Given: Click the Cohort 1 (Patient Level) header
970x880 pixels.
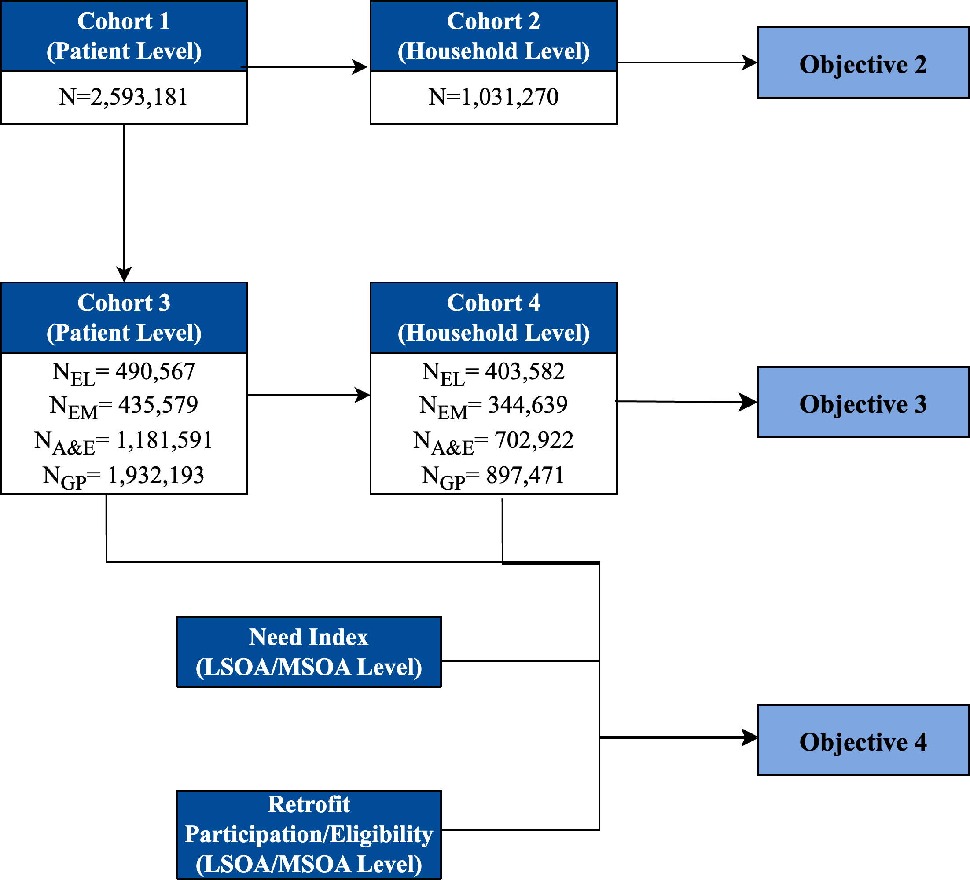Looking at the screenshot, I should pos(124,36).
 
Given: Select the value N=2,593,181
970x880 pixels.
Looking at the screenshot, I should pos(123,97).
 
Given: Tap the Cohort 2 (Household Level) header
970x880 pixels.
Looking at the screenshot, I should pos(493,36).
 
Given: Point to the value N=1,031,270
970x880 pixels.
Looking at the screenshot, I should pos(493,97).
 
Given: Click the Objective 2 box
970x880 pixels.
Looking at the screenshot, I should pos(863,63).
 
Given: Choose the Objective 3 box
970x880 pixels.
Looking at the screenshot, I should pos(863,402).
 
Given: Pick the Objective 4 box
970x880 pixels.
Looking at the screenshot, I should pos(863,741).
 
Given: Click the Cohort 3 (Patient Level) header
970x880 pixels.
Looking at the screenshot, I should pos(124,318).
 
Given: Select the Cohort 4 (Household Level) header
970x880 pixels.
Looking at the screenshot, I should pos(493,318).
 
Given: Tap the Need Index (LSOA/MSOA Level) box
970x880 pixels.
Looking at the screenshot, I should pos(309,652).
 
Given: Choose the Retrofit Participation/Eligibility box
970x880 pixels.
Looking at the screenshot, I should pos(309,834).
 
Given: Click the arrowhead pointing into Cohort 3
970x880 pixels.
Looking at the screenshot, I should pos(124,275).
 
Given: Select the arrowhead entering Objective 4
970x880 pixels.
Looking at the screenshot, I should pos(750,737).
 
